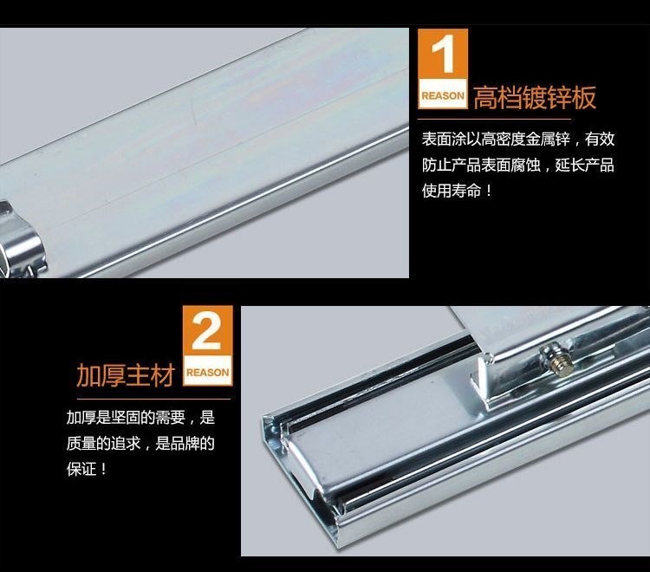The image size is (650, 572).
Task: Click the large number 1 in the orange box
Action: click(443, 54)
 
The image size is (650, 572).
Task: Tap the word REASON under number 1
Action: click(443, 95)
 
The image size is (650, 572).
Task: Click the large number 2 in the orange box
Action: click(206, 331)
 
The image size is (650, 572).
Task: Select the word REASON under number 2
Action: click(207, 373)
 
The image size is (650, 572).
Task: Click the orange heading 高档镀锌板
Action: click(535, 98)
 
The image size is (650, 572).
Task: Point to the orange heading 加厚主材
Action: click(126, 375)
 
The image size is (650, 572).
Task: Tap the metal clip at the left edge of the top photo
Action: click(20, 240)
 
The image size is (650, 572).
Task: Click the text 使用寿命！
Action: click(457, 191)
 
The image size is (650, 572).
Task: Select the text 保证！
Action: click(87, 470)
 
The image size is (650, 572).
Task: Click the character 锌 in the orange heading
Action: click(560, 98)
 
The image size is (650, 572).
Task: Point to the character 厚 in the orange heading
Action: click(114, 375)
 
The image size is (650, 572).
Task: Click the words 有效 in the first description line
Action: click(600, 139)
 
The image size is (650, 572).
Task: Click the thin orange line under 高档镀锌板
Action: click(494, 120)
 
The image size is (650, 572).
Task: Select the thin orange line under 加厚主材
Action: click(153, 399)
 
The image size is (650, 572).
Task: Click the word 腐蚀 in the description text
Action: click(526, 165)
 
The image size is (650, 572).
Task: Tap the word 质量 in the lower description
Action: click(81, 444)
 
